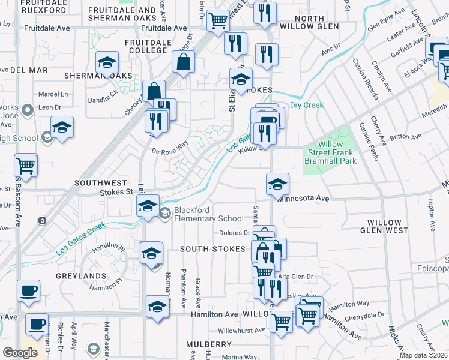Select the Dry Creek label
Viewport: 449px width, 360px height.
point(307,105)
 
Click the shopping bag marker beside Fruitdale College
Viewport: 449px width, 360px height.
point(183,62)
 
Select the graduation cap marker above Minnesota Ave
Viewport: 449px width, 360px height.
point(277,184)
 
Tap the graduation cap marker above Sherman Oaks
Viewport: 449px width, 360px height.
point(107,62)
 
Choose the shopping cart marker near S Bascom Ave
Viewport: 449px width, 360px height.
point(26,164)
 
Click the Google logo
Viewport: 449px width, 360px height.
point(20,353)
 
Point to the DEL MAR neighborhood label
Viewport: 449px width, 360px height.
point(28,70)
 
